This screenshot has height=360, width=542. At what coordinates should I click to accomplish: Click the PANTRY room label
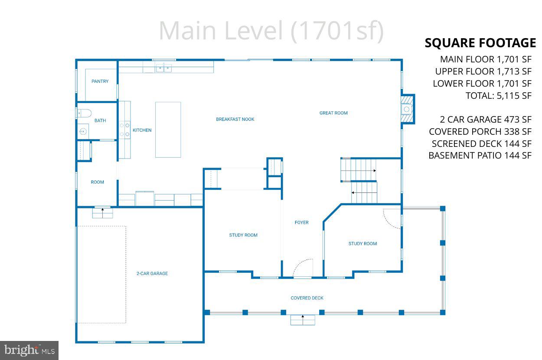pos(100,81)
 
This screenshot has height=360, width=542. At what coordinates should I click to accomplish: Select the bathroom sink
pos(82,131)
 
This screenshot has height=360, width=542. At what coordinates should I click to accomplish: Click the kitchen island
pos(168,130)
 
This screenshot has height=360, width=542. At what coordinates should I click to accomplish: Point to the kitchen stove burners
pos(124,130)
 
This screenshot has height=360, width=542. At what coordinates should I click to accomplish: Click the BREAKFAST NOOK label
pos(235,119)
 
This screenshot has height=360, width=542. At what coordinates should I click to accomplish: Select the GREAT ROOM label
pos(333,113)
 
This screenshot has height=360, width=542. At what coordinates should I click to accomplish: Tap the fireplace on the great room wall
pos(407,109)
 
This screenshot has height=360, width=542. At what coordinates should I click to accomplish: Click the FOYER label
pos(301,223)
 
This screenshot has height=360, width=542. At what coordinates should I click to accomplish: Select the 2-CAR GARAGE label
pos(152,274)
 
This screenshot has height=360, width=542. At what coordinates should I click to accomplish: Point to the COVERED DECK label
pos(307,298)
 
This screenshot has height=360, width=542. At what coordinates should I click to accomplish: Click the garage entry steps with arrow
pos(102,213)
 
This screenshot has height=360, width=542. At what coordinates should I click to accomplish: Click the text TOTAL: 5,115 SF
pos(498,96)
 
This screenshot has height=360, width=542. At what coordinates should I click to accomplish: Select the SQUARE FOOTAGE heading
pos(480,43)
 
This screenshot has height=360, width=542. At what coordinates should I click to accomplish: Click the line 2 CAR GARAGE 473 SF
pos(485,120)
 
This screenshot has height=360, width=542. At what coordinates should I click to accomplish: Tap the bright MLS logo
pos(29,350)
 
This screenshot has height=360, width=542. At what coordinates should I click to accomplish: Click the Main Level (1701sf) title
pos(271,31)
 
